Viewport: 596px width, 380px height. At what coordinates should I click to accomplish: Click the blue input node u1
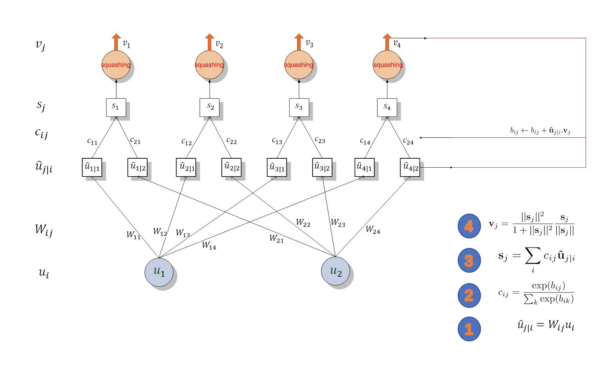pos(159,271)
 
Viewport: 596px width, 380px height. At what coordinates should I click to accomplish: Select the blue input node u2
pos(335,271)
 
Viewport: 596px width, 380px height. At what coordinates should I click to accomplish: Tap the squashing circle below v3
pos(298,65)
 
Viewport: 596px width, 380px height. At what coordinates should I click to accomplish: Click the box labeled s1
pos(116,107)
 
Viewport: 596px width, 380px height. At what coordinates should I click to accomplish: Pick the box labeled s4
pos(387,107)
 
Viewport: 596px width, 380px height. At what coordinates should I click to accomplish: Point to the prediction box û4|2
pos(410,168)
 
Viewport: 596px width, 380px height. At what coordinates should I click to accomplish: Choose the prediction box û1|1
pos(92,168)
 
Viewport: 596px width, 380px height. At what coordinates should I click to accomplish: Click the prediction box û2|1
pos(186,168)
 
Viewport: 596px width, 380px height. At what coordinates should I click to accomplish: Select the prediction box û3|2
pos(322,168)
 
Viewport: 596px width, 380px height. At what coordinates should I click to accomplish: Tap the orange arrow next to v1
pos(116,42)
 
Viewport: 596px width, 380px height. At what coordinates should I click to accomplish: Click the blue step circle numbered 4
pos(469,226)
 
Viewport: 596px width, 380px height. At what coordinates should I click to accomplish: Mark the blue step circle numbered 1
pos(469,329)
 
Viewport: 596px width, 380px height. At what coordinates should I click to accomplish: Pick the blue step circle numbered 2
pos(469,295)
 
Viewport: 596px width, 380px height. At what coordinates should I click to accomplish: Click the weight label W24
pos(373,230)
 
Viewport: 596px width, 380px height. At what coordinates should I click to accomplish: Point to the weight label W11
pos(133,235)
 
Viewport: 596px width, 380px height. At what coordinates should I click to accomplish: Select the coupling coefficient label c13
pos(277,141)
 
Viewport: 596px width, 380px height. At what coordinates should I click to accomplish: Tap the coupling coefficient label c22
pos(231,141)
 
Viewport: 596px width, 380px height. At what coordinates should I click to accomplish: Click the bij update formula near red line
pos(540,131)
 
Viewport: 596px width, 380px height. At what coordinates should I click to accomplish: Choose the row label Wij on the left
pos(43,230)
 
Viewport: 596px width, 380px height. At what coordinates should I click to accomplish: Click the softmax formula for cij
pos(536,293)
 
